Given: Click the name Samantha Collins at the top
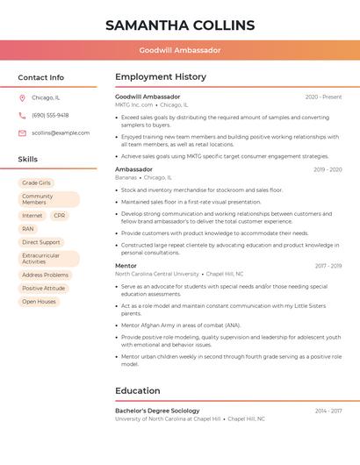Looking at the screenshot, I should coord(180,25).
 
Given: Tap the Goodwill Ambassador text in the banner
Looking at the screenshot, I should coord(180,51).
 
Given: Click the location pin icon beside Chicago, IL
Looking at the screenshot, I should coord(22,98).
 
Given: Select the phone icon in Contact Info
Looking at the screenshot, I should coord(22,116).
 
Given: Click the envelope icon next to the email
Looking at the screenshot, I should coord(22,133).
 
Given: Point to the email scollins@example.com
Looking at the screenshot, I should coord(61,133).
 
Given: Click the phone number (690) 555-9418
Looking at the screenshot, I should coord(50,116).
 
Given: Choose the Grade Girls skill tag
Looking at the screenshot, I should coord(36,183).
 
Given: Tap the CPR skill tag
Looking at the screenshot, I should coord(59,216).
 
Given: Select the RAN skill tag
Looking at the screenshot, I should coord(28,229).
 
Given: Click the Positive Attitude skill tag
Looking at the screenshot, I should coord(44,289).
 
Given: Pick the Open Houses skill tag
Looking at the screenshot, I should coord(39,302).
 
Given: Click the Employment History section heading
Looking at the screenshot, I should coord(161,77).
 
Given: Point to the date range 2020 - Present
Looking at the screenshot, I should coord(323,97).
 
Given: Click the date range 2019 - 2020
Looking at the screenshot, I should coord(327,169).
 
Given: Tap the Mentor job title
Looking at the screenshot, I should coord(126,266).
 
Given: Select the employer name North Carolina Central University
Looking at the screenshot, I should coord(157,274).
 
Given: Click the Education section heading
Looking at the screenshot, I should coord(138,391).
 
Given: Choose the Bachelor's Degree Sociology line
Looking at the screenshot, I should coord(157,411).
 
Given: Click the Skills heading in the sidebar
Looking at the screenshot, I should coord(28,160).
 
